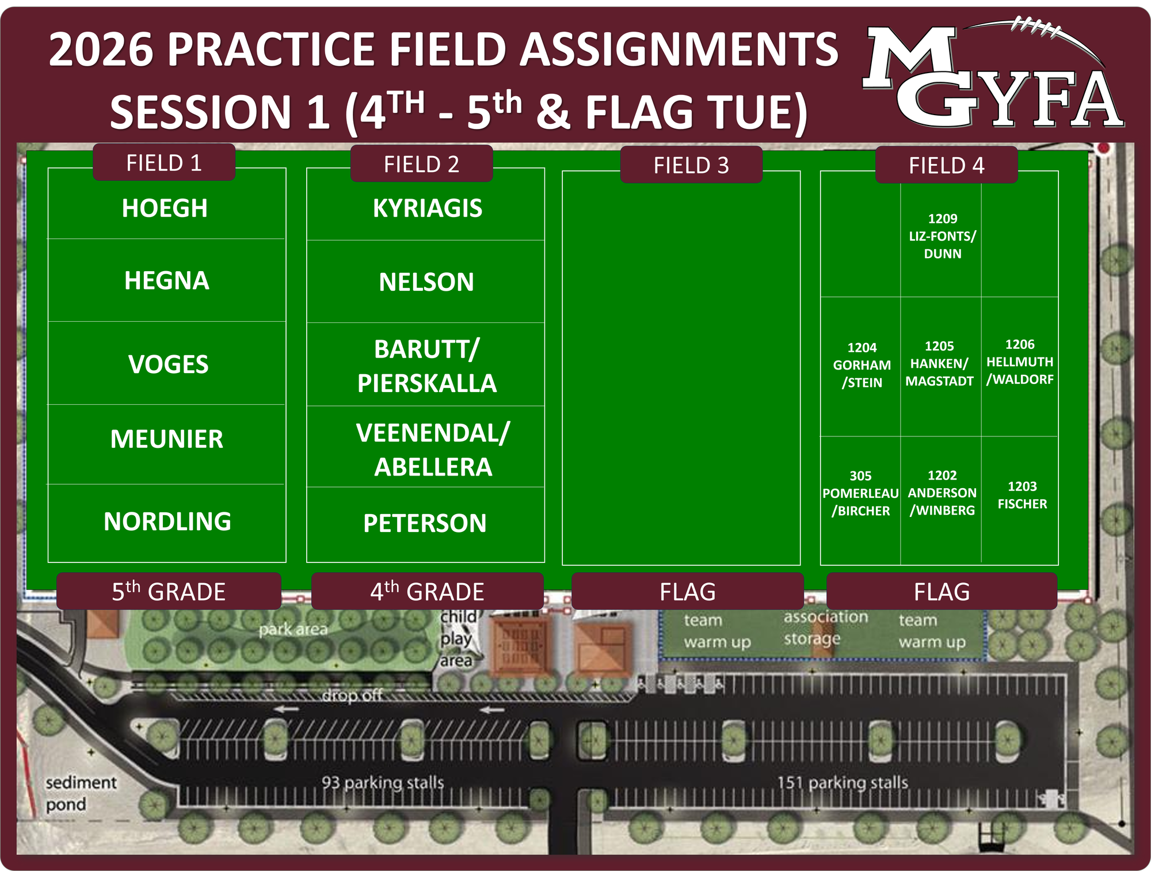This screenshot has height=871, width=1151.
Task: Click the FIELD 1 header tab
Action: pos(164,163)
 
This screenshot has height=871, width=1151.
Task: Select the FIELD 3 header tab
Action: pos(691,165)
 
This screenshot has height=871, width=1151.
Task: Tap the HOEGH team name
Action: pos(165,208)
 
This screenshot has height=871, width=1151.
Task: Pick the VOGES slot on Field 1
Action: pos(168,364)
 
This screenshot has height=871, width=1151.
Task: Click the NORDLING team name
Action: pos(167,522)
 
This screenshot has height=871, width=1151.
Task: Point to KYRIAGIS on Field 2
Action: pos(428,208)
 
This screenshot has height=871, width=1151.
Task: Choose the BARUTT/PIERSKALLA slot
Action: pos(426,366)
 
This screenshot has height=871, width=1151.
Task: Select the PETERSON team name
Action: pos(425,523)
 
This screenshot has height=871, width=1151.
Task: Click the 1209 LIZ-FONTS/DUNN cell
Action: pos(942,236)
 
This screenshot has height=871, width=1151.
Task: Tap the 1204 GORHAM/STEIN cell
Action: pos(862,365)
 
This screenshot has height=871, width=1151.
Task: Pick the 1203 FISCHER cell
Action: pos(1022,495)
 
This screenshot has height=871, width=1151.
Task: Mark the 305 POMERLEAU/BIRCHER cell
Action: pos(860,493)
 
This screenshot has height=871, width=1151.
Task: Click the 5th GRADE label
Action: pos(169,591)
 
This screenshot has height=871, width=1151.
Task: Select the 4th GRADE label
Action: pos(427,591)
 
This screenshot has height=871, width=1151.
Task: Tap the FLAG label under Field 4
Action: pos(942,591)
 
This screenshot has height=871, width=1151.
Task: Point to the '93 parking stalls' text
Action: pos(383,782)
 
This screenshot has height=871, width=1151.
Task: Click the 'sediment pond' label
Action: pos(81,793)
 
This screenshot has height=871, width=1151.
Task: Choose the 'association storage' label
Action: pos(825,627)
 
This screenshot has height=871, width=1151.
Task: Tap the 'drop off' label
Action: pos(352,695)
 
